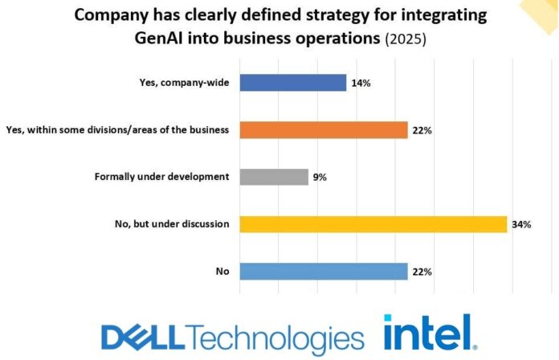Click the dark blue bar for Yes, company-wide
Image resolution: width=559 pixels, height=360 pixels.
click(x=292, y=83)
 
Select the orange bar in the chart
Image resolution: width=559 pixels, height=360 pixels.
click(x=323, y=130)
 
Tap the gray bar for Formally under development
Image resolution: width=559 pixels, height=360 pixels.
click(x=273, y=177)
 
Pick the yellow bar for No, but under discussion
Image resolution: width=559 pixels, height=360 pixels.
click(x=373, y=224)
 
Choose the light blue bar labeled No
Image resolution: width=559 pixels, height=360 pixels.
click(x=323, y=272)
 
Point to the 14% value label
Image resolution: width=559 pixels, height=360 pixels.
click(x=360, y=83)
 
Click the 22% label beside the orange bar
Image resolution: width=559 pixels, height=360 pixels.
click(x=422, y=130)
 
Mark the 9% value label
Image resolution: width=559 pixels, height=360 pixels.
click(x=320, y=177)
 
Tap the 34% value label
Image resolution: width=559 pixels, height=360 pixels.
click(x=521, y=224)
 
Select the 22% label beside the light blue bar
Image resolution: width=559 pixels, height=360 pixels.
click(x=422, y=272)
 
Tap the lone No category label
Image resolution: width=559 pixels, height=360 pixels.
click(x=222, y=272)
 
